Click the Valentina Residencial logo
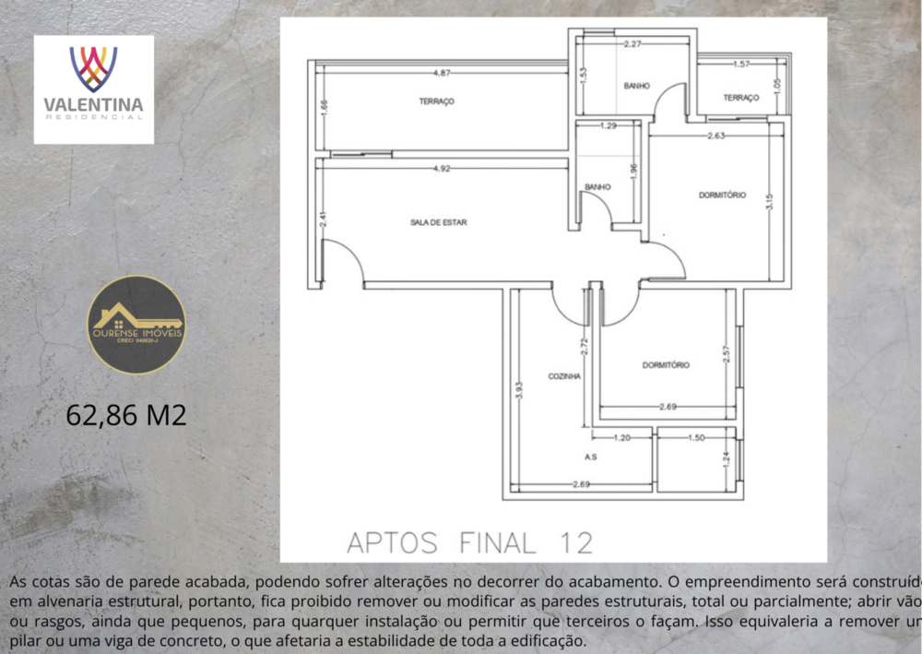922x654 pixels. pyautogui.click(x=94, y=89)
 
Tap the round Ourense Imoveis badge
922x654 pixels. pyautogui.click(x=136, y=325)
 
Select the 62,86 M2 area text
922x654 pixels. pyautogui.click(x=126, y=415)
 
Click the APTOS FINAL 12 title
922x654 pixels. pyautogui.click(x=469, y=542)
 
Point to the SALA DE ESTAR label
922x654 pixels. pyautogui.click(x=438, y=222)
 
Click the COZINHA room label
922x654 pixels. pyautogui.click(x=564, y=376)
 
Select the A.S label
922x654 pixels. pyautogui.click(x=591, y=456)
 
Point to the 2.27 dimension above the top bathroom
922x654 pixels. pyautogui.click(x=632, y=43)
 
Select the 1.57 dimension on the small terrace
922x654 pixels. pyautogui.click(x=740, y=65)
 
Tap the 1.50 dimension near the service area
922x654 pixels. pyautogui.click(x=697, y=437)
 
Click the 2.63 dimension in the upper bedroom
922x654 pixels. pyautogui.click(x=715, y=137)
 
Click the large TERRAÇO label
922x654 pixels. pyautogui.click(x=436, y=101)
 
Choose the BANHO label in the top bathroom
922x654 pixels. pyautogui.click(x=636, y=86)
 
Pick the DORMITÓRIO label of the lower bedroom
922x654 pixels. pyautogui.click(x=666, y=365)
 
